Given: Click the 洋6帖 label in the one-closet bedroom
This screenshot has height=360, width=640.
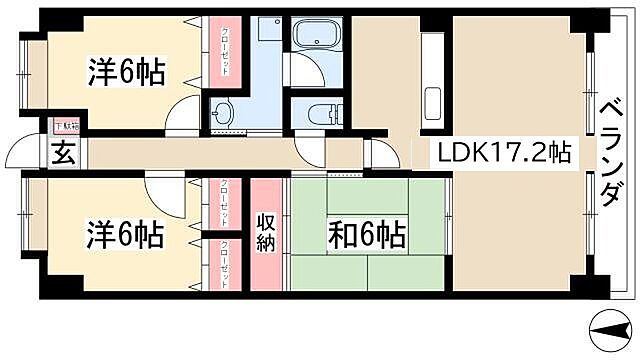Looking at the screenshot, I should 126,72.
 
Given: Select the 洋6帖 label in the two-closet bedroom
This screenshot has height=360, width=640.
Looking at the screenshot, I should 125,237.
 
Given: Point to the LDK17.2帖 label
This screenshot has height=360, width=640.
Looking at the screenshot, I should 503,154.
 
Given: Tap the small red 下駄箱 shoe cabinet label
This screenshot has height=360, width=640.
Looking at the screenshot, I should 65,127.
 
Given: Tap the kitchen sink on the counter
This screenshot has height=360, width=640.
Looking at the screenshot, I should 432,103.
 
